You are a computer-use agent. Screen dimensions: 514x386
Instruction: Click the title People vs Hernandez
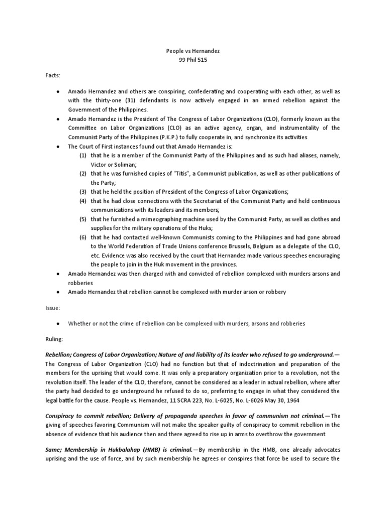pyautogui.click(x=193, y=51)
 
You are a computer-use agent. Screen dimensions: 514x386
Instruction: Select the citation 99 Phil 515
pyautogui.click(x=193, y=60)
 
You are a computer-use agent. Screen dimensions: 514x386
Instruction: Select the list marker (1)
pyautogui.click(x=83, y=156)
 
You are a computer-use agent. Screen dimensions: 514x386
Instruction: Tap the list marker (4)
pyautogui.click(x=83, y=201)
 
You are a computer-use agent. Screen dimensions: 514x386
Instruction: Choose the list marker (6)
pyautogui.click(x=83, y=237)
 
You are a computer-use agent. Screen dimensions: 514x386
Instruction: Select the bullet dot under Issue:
pyautogui.click(x=59, y=324)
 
